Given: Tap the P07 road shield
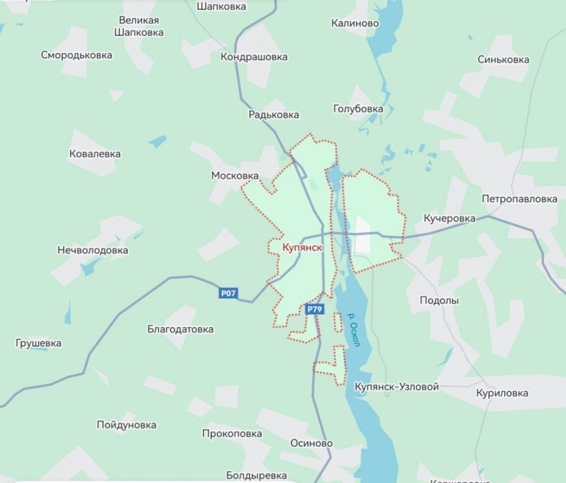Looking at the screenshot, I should pyautogui.click(x=228, y=293).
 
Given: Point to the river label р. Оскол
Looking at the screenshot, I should pyautogui.click(x=354, y=330).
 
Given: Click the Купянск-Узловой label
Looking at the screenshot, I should pyautogui.click(x=396, y=386).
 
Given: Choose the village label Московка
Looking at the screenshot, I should pyautogui.click(x=234, y=176).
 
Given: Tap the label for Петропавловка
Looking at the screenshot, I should pyautogui.click(x=519, y=199).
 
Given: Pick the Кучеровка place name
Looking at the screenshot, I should pyautogui.click(x=449, y=218).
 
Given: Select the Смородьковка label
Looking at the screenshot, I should pyautogui.click(x=77, y=55).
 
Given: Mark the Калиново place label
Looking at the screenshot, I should pyautogui.click(x=355, y=23).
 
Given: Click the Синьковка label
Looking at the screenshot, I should pyautogui.click(x=503, y=59).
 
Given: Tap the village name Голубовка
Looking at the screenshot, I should pyautogui.click(x=358, y=109).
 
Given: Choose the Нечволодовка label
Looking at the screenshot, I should pyautogui.click(x=92, y=249).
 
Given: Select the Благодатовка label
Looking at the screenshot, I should pyautogui.click(x=180, y=329).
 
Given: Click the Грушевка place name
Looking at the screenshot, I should pyautogui.click(x=38, y=343).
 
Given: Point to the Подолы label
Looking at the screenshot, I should pyautogui.click(x=439, y=300).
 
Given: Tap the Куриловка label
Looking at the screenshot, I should pyautogui.click(x=502, y=393).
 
